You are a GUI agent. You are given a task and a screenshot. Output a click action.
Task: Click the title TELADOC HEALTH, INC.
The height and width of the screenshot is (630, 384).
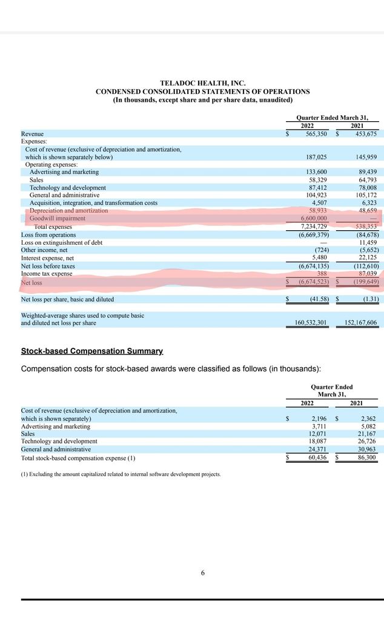point(203,83)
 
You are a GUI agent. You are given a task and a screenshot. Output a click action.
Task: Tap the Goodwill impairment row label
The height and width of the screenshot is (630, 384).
point(58,218)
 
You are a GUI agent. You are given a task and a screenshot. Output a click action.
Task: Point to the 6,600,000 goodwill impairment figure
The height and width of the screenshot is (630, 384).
point(314,218)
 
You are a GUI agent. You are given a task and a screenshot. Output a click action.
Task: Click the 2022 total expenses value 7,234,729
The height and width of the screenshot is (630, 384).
point(314,227)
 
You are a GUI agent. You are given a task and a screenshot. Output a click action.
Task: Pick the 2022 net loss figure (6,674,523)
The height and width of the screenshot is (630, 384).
point(313,282)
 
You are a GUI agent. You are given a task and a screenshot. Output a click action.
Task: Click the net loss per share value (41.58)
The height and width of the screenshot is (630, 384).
point(316,299)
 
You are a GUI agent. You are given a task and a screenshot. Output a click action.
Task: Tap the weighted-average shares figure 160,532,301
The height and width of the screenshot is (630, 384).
point(306,323)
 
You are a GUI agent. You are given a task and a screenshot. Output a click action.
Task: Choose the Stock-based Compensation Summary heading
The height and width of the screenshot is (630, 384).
point(91,351)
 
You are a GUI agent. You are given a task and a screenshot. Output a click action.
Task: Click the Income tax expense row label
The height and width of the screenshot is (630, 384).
point(47,274)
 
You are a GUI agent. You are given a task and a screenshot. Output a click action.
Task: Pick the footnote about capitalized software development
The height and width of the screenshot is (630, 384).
point(121,474)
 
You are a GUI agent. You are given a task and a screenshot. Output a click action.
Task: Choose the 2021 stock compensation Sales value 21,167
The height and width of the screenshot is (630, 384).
point(365,434)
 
